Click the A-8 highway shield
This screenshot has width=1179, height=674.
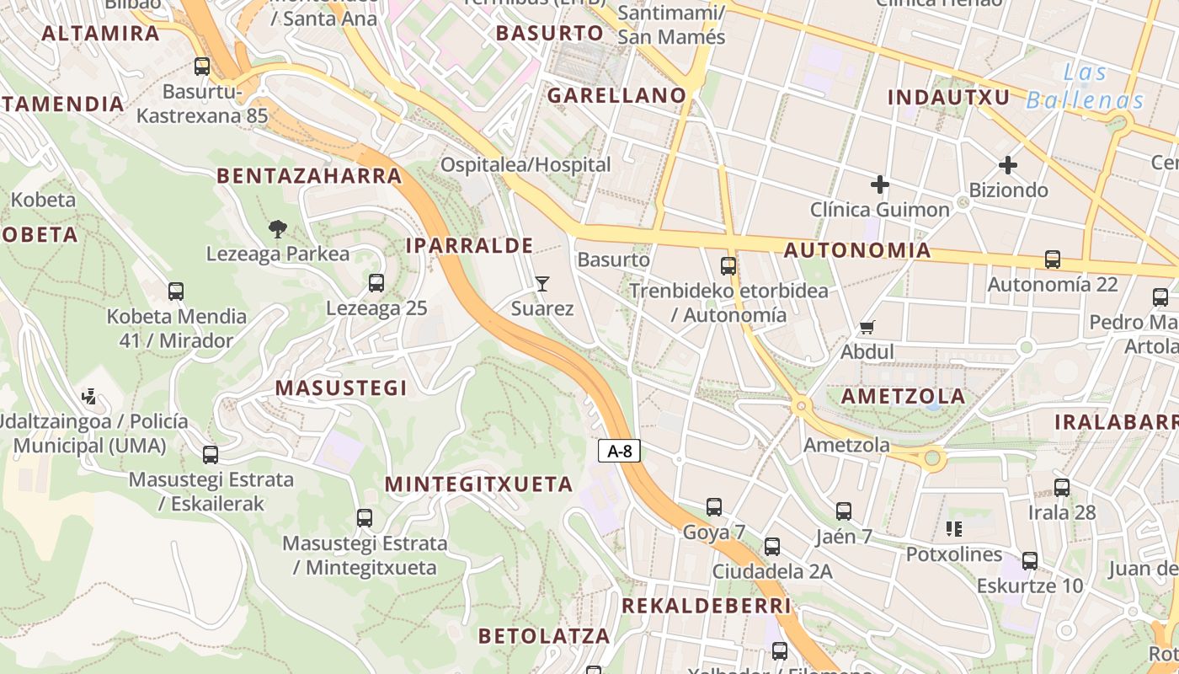coord(620,452)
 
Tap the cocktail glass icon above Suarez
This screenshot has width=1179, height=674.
coord(542,283)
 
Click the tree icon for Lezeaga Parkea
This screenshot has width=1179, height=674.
coord(277,228)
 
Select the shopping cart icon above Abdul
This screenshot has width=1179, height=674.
coord(867,327)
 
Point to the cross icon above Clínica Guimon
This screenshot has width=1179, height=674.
coord(880,185)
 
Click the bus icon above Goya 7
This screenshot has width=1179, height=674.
coord(714,507)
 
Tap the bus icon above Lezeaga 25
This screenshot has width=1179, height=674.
coord(376,283)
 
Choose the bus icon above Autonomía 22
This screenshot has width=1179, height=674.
coord(1053,259)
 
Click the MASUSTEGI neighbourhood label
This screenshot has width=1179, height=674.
coord(341,388)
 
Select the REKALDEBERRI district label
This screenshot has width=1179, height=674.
coord(707,606)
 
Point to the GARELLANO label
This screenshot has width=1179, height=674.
coord(617,96)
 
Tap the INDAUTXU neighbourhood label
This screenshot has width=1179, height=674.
coord(948,97)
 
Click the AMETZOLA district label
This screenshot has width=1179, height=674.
coord(903,396)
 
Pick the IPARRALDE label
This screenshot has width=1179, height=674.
coord(469,246)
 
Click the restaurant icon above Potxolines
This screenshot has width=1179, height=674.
coord(954,529)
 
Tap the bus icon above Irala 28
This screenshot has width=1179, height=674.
coord(1062,487)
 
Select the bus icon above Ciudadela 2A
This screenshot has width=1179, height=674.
coord(772,547)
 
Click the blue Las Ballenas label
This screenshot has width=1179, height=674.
coord(1085,87)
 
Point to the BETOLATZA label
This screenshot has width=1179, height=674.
coord(543,636)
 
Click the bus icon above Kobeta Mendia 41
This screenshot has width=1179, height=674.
coord(176,292)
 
